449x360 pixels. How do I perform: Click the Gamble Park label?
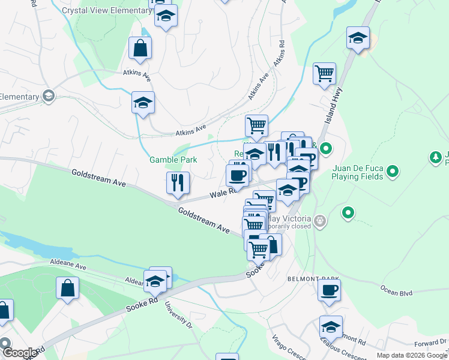(173, 160)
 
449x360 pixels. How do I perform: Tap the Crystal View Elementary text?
(107, 10)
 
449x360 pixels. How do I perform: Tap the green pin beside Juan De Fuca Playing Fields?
(393, 173)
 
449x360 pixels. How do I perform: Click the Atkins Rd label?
(278, 53)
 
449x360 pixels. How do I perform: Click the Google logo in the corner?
(19, 352)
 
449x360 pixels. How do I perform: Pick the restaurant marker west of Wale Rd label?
(178, 182)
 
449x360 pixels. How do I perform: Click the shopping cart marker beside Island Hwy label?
(324, 73)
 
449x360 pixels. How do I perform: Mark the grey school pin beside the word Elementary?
(48, 97)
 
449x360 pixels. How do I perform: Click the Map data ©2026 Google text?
(411, 355)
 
